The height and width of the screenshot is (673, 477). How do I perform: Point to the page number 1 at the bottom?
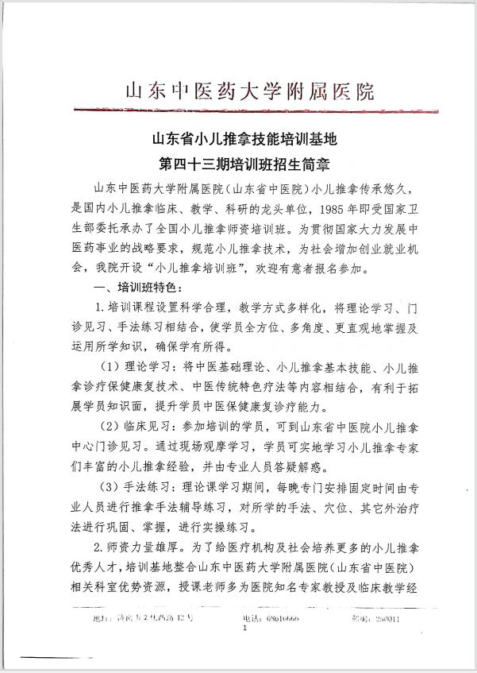(245, 628)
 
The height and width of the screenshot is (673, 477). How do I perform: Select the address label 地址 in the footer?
(99, 617)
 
